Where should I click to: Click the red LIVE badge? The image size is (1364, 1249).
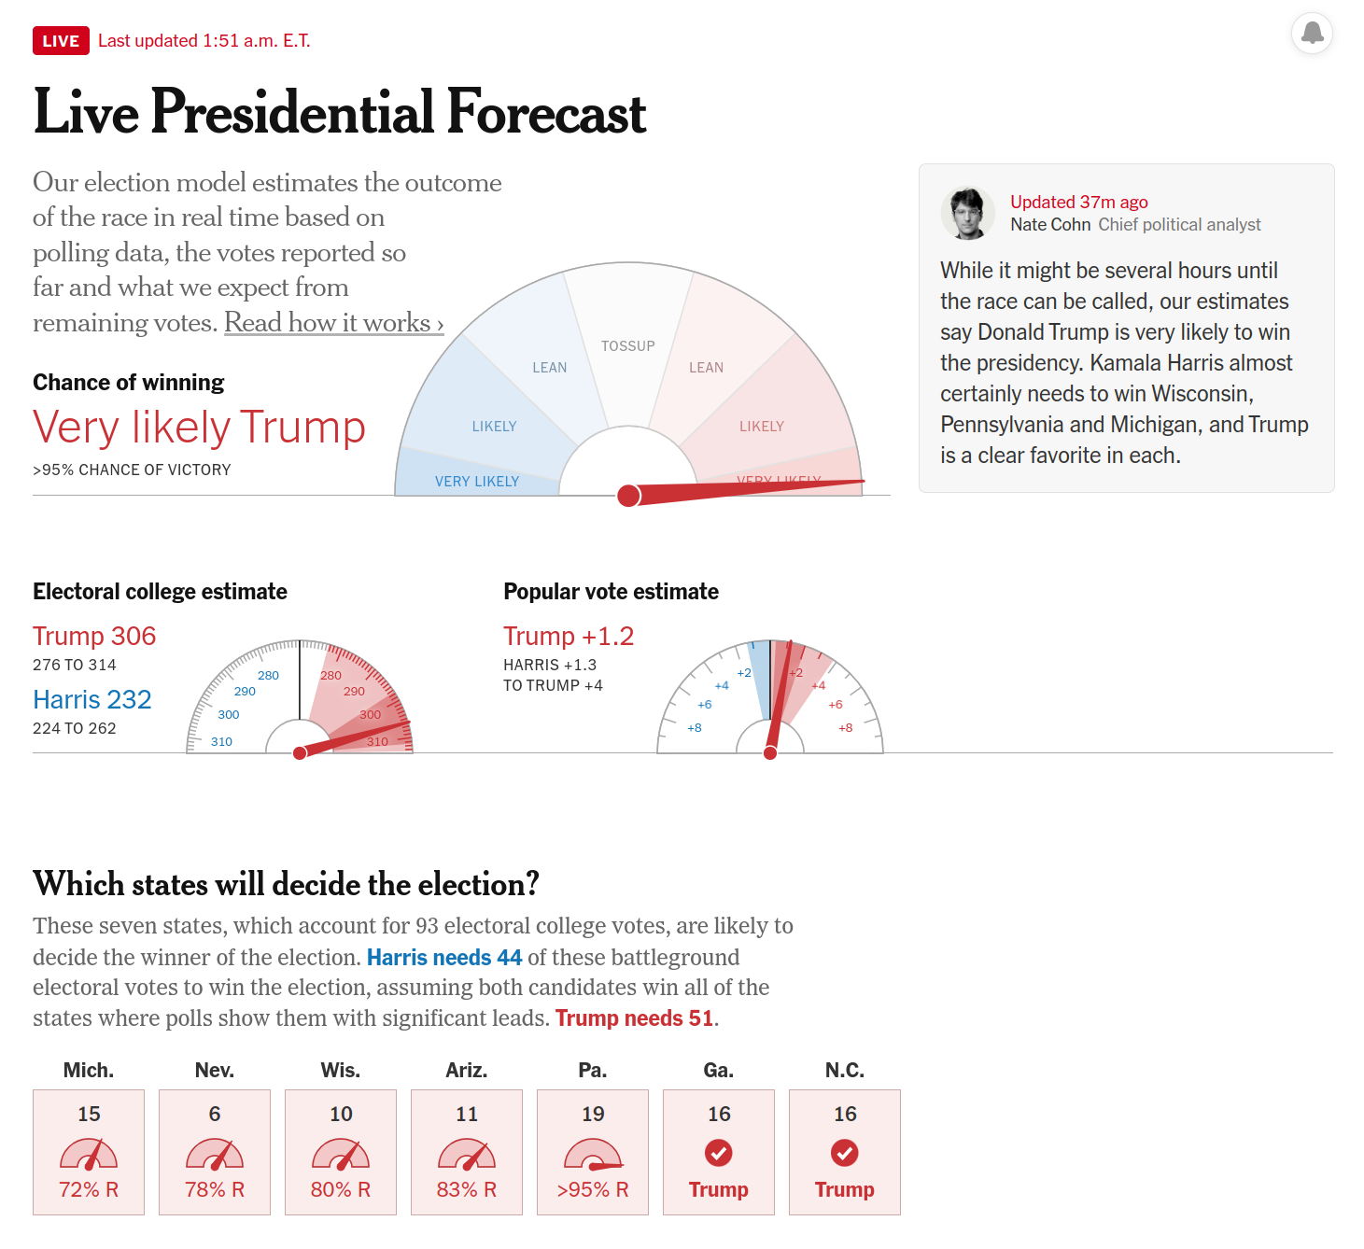(61, 41)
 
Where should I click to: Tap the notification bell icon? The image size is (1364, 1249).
(1312, 33)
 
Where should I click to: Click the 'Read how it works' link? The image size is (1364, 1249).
(333, 323)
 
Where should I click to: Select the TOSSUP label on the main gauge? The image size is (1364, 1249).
(627, 346)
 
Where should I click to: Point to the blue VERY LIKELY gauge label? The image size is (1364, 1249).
(476, 482)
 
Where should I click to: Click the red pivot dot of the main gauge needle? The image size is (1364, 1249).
(629, 496)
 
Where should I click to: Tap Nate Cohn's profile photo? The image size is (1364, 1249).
(967, 213)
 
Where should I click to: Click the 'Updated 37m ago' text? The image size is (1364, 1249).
(1078, 203)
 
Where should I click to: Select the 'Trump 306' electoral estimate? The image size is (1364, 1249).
(94, 637)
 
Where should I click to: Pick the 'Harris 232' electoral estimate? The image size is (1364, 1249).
(91, 700)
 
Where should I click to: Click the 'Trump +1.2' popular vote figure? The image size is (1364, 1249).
(568, 637)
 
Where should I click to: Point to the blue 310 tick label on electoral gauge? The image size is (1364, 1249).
(221, 742)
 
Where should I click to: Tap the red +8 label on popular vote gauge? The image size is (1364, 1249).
(845, 728)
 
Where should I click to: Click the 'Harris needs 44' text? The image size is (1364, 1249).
(443, 958)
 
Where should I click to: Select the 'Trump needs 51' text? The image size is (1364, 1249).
(634, 1018)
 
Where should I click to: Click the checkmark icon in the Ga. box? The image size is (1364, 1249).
(719, 1153)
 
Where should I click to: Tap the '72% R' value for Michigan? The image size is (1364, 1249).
(89, 1190)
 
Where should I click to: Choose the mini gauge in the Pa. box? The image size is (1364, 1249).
(593, 1155)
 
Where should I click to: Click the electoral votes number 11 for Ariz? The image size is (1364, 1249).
(467, 1115)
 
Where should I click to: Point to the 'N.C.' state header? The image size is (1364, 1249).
(844, 1071)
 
